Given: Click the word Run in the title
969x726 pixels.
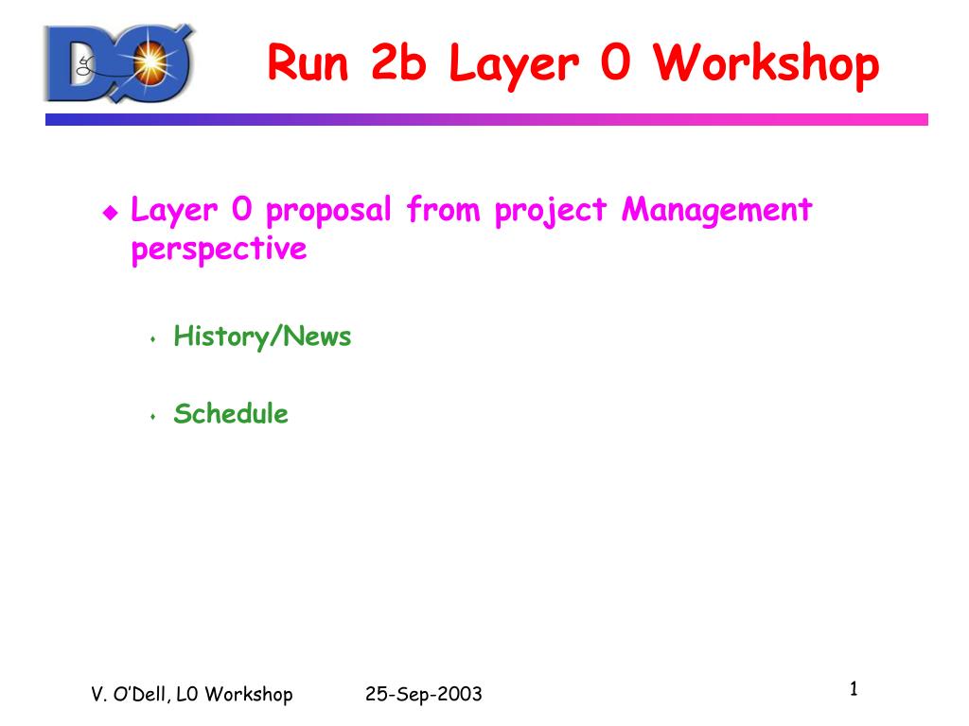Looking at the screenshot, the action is [308, 62].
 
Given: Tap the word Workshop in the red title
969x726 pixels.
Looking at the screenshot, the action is [766, 62].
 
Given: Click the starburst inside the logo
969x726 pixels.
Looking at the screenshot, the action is [150, 62].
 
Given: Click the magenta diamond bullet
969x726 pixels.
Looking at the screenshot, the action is [111, 213].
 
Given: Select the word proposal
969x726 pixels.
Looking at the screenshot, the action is [328, 211].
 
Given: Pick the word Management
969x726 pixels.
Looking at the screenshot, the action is [717, 211].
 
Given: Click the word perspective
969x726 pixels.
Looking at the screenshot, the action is [219, 250].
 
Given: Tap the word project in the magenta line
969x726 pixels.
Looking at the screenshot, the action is [551, 211].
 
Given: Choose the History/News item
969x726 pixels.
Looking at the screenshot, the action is [262, 337].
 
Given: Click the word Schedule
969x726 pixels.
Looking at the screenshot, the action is [231, 413].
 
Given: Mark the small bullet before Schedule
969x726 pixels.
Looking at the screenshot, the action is [152, 417].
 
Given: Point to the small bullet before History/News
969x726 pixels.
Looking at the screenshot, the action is [152, 339].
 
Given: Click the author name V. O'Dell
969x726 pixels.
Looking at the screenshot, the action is [128, 694].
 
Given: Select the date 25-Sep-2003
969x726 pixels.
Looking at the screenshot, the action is [423, 694].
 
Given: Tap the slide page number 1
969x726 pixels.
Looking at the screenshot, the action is [854, 688].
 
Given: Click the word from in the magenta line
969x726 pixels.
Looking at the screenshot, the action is [443, 209].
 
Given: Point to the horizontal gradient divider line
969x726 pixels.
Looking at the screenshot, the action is [486, 119].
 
